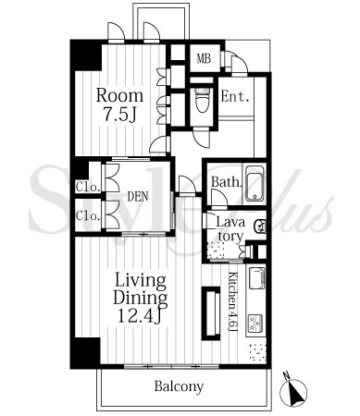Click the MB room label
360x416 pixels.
pos(205,58)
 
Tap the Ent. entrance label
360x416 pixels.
pos(235,97)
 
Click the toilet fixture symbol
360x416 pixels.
pos(202,101)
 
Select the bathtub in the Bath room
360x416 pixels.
pos(254,183)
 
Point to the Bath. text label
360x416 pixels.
pos(226,182)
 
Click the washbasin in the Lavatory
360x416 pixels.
pos(259,226)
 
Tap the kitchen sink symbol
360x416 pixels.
pos(256,278)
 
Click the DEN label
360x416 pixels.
pos(138,197)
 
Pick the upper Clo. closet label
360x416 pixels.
pos(88,188)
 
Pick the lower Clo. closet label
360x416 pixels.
pos(88,215)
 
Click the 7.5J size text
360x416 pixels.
pos(119,116)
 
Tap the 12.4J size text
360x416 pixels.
pos(140,316)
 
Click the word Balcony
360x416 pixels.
pos(179,386)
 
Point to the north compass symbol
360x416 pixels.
pos(293,391)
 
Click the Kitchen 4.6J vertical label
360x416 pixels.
pos(232,302)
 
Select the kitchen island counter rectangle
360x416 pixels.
pos(211,313)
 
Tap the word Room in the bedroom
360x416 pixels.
pos(119,95)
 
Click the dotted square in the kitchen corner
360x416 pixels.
pos(257,352)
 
